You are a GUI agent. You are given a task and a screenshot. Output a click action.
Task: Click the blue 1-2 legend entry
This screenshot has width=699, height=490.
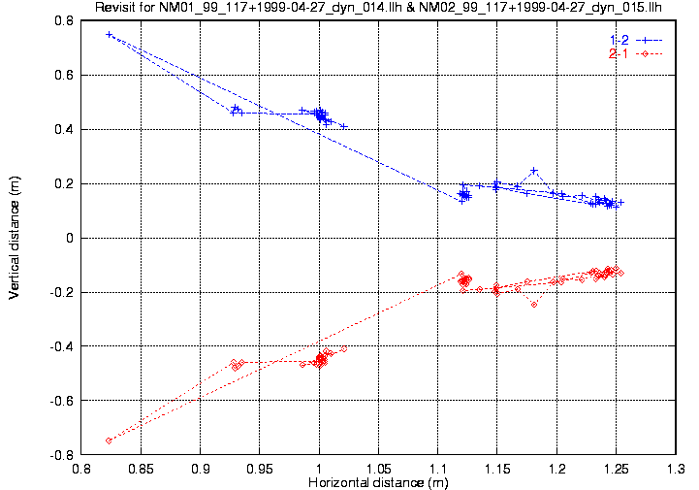[619, 39]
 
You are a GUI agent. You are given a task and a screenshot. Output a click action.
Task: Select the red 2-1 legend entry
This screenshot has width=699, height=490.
[619, 53]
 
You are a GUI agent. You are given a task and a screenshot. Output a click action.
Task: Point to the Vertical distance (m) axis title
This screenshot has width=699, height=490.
[15, 237]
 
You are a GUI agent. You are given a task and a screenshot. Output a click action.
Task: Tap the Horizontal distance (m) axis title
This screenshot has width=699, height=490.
[378, 482]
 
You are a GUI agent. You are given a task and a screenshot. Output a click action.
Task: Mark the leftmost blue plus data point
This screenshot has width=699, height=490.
[109, 34]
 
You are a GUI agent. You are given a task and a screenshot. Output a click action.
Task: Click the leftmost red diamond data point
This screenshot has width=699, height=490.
[109, 441]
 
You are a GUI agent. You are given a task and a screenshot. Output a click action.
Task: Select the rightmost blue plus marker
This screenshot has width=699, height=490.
[620, 202]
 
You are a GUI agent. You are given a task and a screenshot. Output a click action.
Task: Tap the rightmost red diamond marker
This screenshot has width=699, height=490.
[620, 273]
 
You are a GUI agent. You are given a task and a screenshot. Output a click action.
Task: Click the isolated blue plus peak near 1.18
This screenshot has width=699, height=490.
[533, 170]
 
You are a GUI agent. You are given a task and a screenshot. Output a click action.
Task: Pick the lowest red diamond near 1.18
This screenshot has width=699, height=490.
[533, 305]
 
